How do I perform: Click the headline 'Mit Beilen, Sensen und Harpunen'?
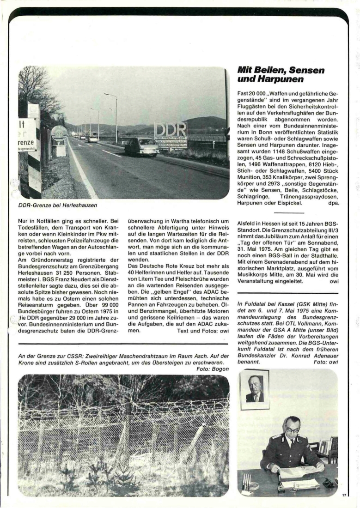281,75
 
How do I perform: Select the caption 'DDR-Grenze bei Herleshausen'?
58,205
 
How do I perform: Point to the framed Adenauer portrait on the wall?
254,389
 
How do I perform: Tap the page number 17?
344,495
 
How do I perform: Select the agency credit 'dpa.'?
332,202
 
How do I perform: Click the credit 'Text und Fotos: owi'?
203,331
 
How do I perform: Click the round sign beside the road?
59,133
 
